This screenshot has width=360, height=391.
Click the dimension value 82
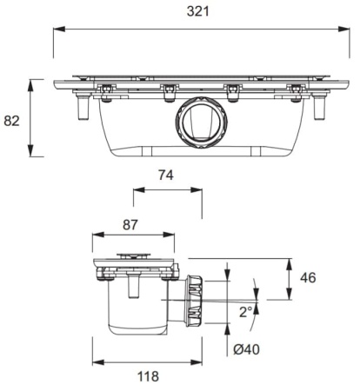point(11,120)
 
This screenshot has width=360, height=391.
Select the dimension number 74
point(167,176)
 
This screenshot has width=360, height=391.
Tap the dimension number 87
point(130,224)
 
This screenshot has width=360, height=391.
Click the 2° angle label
point(246,311)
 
